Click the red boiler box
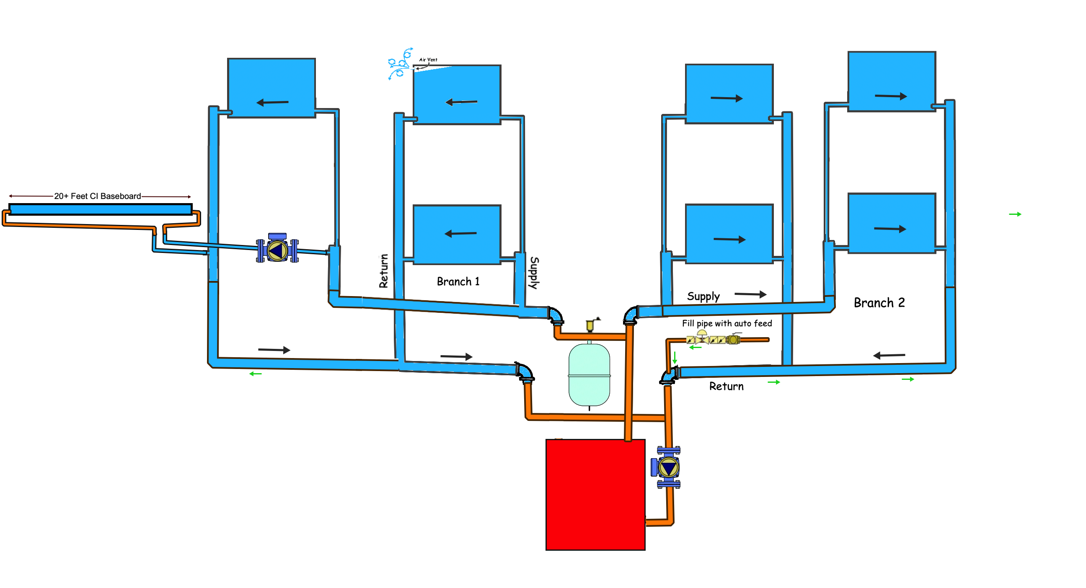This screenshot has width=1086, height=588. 595,494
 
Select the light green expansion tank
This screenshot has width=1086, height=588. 589,375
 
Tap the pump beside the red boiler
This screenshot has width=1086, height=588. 667,467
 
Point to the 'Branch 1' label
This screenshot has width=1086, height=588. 458,281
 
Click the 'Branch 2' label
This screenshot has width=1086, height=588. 879,303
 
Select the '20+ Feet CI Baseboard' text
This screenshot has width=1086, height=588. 97,196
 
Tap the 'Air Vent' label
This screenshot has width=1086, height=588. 428,60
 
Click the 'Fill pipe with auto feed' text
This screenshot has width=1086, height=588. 727,323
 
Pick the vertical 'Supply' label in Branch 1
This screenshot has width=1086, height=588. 534,273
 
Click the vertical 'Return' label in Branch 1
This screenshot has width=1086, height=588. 383,271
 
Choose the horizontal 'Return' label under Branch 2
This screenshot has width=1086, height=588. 726,386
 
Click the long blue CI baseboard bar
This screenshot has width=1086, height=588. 100,209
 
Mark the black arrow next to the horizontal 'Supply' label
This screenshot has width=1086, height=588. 750,294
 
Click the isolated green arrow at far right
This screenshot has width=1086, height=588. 1015,214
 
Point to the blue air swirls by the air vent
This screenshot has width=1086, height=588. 400,63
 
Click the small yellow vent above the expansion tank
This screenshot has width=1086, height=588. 590,325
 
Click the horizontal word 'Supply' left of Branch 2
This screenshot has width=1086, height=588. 703,297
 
